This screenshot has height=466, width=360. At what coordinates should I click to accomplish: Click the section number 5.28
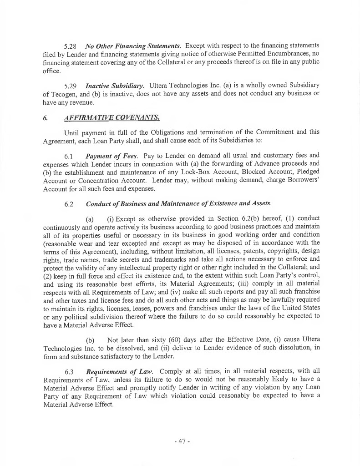coord(71,46)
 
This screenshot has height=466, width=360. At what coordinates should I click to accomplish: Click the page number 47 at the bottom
coord(180,441)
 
